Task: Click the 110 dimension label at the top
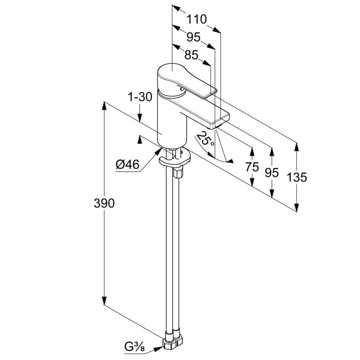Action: point(197,19)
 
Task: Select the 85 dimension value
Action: point(191,54)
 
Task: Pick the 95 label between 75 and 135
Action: point(271,172)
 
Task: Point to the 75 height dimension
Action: point(252,167)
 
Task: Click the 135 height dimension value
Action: point(297,177)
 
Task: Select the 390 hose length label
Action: point(104,203)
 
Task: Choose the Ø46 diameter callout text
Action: point(127,165)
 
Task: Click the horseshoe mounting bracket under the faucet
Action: point(175,160)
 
